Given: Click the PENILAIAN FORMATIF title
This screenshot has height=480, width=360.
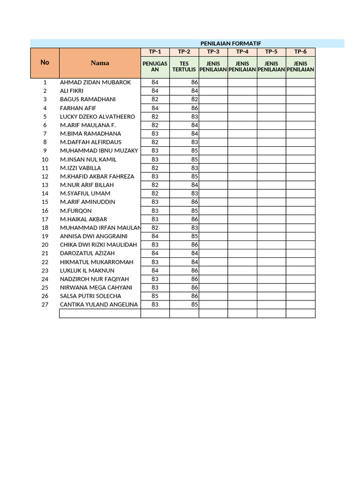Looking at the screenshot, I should pos(230,43).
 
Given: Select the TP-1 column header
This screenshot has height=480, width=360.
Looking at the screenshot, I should pos(155,52).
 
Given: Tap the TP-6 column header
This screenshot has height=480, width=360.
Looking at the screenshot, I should pos(300,52).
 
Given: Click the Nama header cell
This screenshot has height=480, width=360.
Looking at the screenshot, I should pos(100,63).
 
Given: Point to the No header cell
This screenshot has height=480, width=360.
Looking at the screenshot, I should pos(45,62).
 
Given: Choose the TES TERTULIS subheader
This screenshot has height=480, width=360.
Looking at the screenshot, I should pos(184,67).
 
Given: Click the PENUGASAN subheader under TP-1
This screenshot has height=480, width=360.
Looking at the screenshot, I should pos(155,67).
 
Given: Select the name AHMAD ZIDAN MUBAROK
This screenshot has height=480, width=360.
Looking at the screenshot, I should pos(95,82).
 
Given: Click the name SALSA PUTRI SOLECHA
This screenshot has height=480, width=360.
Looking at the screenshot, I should pos(90,296).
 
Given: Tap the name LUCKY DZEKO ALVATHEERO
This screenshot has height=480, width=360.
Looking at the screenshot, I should pos(97,117).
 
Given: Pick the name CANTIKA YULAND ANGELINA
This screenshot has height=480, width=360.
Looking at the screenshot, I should pos(99,305).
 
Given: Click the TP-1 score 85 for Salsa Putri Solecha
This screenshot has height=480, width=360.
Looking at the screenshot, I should pos(155,296).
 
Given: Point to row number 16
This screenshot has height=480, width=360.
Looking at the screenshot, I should pos(45,211).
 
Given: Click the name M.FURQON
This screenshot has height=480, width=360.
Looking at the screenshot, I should pos(76,211).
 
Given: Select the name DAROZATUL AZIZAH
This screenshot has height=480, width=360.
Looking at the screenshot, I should pos(87,254).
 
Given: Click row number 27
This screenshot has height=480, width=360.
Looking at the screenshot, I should pos(45,305).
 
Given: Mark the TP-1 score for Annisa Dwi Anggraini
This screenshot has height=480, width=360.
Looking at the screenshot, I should pos(155,236).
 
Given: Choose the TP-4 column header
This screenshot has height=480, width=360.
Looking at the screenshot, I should pos(242,52).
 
